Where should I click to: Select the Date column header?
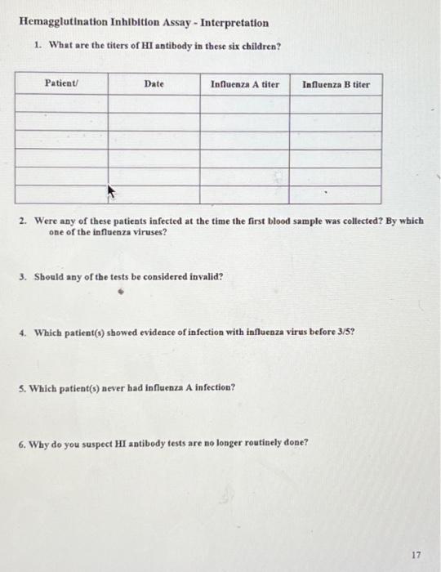(154, 84)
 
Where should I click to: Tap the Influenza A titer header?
(245, 84)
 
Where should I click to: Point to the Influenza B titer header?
(336, 84)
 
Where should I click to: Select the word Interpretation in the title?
(231, 22)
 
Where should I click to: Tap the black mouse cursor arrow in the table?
(113, 193)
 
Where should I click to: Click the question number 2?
(26, 221)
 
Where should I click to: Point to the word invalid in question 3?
(205, 276)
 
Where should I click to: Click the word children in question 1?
(261, 45)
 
